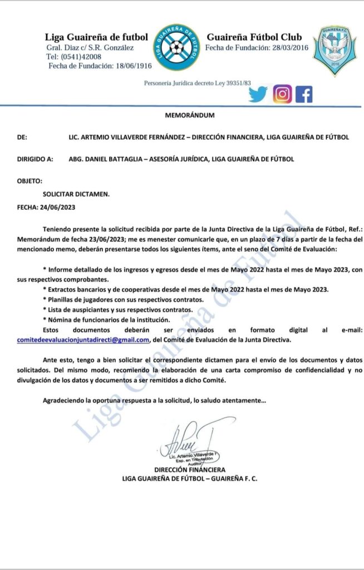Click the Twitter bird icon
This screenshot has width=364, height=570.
pyautogui.click(x=258, y=95)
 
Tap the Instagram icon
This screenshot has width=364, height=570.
pyautogui.click(x=282, y=95)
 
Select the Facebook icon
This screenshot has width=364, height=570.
pyautogui.click(x=304, y=95)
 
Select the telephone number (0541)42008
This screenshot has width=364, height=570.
pyautogui.click(x=80, y=57)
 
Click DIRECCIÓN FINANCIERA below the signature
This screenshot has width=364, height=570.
pyautogui.click(x=190, y=469)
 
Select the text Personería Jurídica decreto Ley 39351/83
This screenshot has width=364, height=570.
pyautogui.click(x=198, y=83)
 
